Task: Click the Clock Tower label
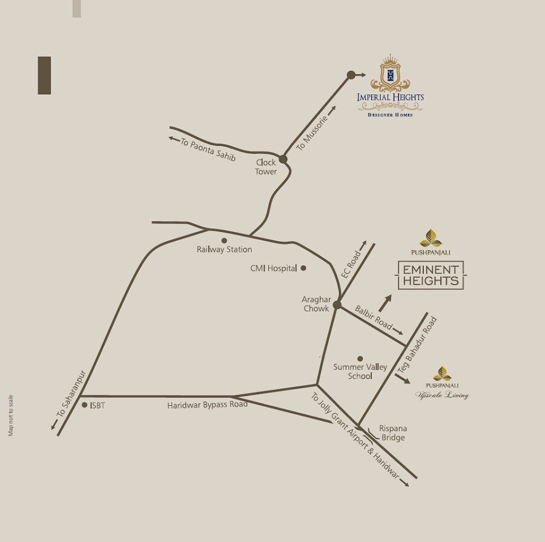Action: (x=266, y=167)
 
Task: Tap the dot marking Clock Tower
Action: (x=283, y=159)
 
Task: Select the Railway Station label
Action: (x=224, y=250)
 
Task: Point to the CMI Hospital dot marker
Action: (x=303, y=268)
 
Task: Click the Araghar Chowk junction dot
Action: (x=337, y=305)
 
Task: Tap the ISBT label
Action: (x=97, y=406)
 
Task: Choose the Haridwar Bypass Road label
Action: (x=207, y=405)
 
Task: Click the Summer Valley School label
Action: (x=360, y=371)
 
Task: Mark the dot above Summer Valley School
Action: (x=360, y=359)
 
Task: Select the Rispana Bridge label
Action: (x=392, y=433)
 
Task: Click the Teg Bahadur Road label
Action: (x=417, y=345)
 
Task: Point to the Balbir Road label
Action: (x=374, y=317)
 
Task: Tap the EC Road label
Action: (x=351, y=265)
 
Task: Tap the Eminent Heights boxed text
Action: (x=431, y=275)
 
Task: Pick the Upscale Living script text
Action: (x=442, y=395)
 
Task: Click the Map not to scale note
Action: (x=10, y=415)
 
